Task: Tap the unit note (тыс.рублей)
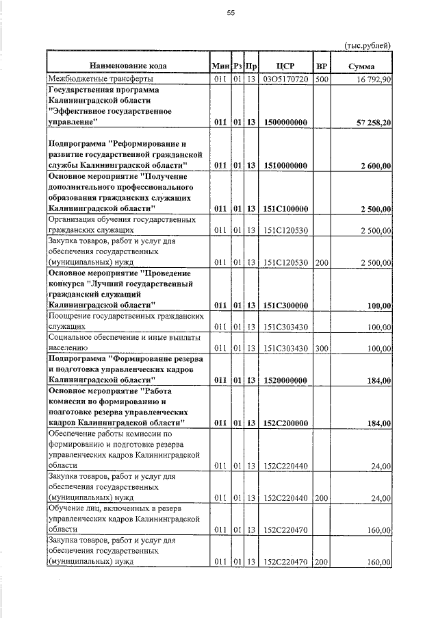pyautogui.click(x=366, y=45)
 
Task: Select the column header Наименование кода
pyautogui.click(x=127, y=66)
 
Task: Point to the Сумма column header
pyautogui.click(x=360, y=66)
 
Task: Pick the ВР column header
pyautogui.click(x=322, y=66)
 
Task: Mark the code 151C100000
pyautogui.click(x=285, y=208)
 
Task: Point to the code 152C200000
pyautogui.click(x=285, y=423)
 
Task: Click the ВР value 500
pyautogui.click(x=322, y=79)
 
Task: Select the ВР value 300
pyautogui.click(x=322, y=348)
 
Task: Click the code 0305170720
pyautogui.click(x=285, y=79)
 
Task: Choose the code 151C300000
pyautogui.click(x=285, y=305)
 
